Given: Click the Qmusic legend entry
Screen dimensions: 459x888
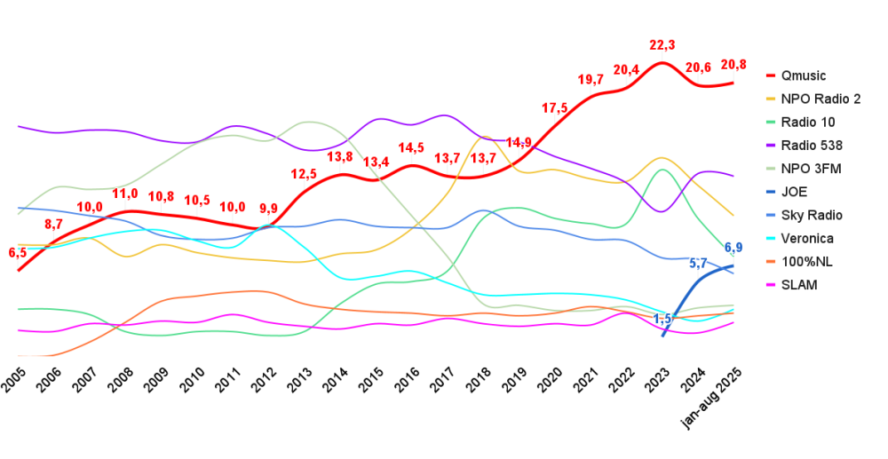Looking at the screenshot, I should [x=803, y=75].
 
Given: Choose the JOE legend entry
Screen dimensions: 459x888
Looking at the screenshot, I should [x=795, y=192].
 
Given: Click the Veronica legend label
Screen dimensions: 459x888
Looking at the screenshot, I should [x=807, y=238].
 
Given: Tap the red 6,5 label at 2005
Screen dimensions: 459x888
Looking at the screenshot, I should [x=18, y=253].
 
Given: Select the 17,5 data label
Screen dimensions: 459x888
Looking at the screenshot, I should [x=555, y=108].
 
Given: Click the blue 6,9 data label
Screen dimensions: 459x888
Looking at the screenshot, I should [x=733, y=248].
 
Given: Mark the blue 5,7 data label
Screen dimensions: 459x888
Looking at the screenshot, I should [x=699, y=263].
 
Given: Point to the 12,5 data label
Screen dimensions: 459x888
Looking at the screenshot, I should [x=304, y=174].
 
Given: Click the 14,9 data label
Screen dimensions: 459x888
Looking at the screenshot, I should [x=519, y=143].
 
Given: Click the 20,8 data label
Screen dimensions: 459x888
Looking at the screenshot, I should [x=733, y=65].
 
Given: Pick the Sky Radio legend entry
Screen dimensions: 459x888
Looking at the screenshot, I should [x=811, y=215].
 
